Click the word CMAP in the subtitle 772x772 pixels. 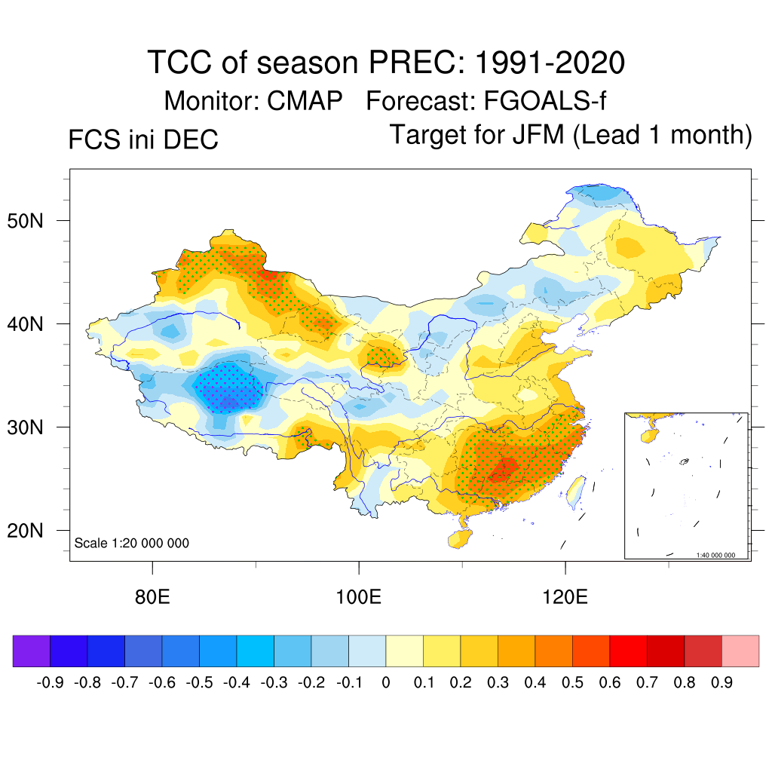(306, 100)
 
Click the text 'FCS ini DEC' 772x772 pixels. (143, 139)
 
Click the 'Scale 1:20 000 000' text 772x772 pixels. (132, 543)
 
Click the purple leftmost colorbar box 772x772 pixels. (32, 651)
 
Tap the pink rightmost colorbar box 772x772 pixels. (740, 651)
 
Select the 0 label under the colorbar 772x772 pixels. (386, 683)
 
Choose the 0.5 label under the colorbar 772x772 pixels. (573, 683)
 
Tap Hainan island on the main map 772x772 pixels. (458, 538)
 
